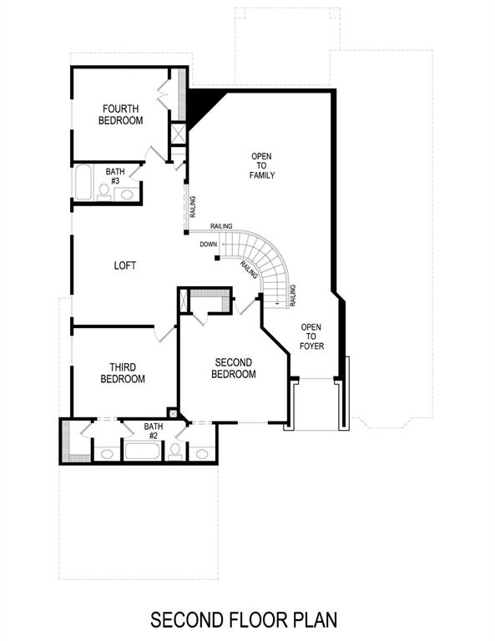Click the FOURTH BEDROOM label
[x=122, y=114]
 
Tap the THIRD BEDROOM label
[x=123, y=373]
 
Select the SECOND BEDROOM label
[x=235, y=368]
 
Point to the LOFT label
[x=125, y=266]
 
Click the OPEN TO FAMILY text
[x=262, y=165]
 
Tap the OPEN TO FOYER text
[x=311, y=336]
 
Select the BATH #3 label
[x=114, y=176]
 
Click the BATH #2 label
[x=154, y=431]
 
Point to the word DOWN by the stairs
[x=209, y=245]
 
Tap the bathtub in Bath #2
[x=144, y=452]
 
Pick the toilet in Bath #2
[x=175, y=452]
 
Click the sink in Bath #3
[x=127, y=194]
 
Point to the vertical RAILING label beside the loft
[x=192, y=205]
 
